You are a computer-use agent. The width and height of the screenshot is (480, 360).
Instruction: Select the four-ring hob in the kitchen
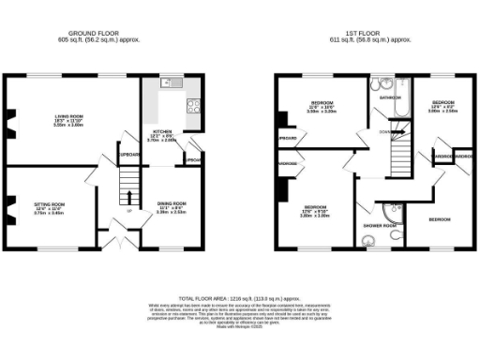point(194,104)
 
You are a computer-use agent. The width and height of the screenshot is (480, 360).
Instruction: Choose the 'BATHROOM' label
point(390,97)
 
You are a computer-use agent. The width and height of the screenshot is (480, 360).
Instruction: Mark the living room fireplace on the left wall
point(11,119)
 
